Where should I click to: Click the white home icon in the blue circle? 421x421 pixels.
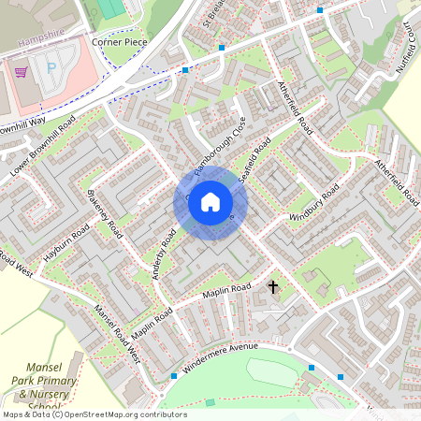click(x=210, y=202)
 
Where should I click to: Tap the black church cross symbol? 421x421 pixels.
click(x=274, y=286)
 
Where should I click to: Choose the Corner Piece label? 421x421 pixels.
click(x=120, y=43)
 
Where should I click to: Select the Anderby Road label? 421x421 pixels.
click(x=164, y=254)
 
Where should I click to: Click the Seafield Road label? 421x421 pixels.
click(x=254, y=159)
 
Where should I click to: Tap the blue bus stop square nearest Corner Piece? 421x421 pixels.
click(x=185, y=70)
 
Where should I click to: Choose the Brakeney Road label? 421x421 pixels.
click(x=104, y=214)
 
